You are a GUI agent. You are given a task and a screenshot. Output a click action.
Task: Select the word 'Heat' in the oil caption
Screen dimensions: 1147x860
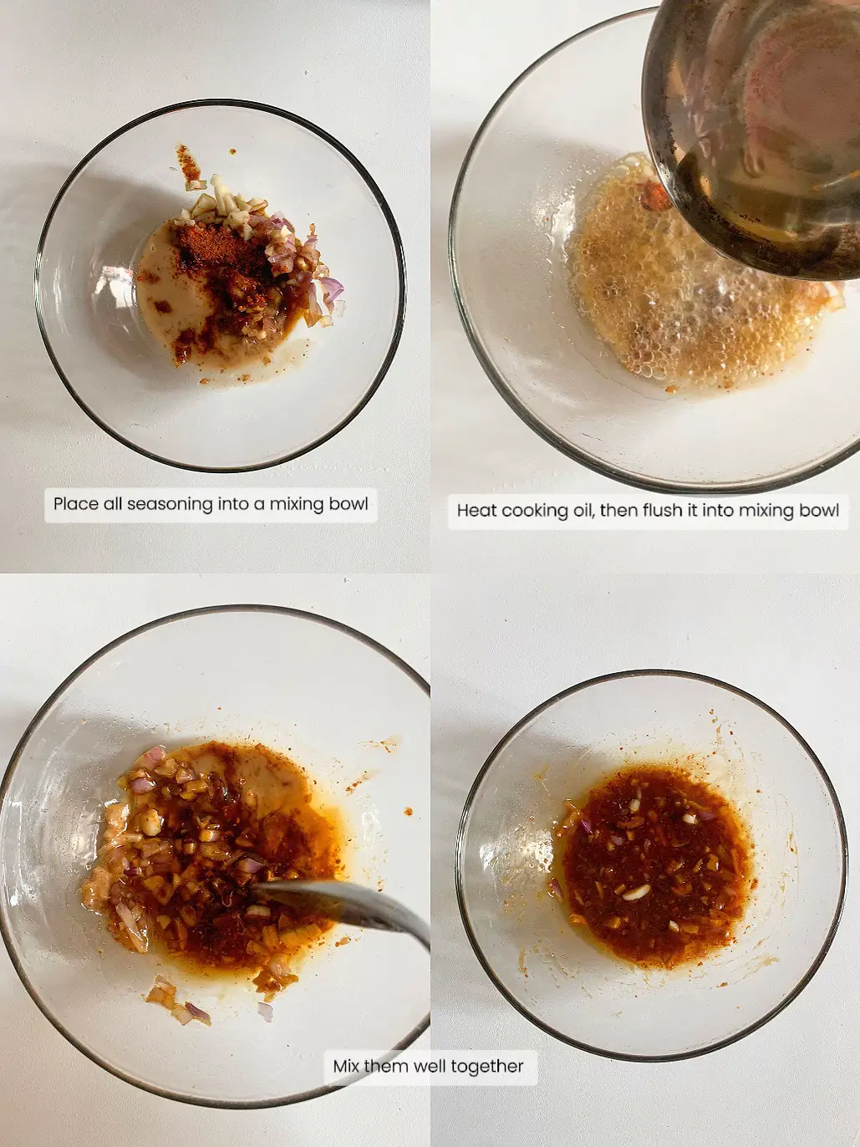476,510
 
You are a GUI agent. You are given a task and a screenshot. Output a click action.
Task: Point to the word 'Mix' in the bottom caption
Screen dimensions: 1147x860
346,1067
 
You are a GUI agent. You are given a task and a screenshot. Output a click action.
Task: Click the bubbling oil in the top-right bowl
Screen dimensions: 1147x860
669,309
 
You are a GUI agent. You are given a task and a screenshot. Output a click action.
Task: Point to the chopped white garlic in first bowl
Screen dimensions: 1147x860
226,201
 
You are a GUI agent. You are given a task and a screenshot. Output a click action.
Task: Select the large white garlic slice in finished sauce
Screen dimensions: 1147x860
636,892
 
